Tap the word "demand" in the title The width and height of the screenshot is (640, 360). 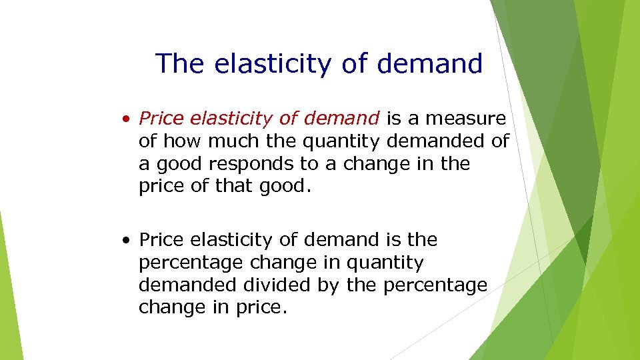point(429,64)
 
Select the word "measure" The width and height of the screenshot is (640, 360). point(466,119)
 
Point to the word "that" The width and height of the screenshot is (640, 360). point(230,187)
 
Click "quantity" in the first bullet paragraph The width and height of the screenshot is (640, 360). point(339,141)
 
